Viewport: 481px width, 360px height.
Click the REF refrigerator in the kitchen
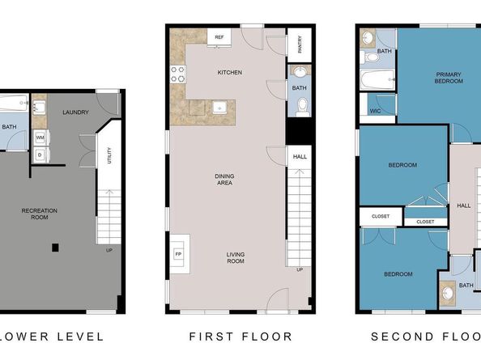[x=219, y=37]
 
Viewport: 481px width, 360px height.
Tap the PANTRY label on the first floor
[x=300, y=44]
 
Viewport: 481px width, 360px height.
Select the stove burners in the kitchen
[x=178, y=74]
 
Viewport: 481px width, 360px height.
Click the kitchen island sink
[x=219, y=108]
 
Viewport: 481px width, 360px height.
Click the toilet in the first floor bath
[x=303, y=107]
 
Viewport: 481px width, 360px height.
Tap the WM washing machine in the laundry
[x=40, y=138]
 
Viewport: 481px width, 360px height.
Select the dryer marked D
[x=40, y=155]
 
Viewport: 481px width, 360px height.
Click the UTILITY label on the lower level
[x=109, y=155]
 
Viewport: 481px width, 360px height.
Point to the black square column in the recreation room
[x=55, y=248]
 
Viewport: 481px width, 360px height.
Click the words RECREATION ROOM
[x=39, y=214]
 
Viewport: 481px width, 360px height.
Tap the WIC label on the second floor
[x=375, y=111]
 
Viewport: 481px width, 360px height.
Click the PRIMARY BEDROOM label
[x=449, y=78]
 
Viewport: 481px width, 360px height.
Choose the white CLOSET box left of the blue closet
[x=381, y=217]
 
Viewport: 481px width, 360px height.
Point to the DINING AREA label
[x=224, y=180]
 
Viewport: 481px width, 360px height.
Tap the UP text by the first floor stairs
[x=300, y=269]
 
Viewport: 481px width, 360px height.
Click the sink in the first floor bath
[x=300, y=72]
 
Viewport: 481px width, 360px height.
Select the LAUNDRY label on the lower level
[x=75, y=112]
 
